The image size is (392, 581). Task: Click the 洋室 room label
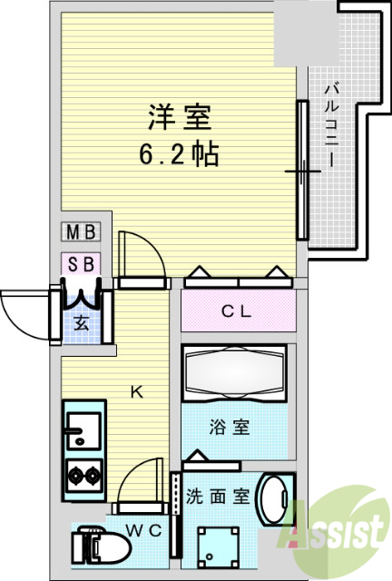(x=181, y=119)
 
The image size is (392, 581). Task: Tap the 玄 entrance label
(x=81, y=322)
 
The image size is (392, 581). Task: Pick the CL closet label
(x=238, y=311)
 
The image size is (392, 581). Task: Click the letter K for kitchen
(x=137, y=392)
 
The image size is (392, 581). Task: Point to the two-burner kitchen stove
(x=84, y=475)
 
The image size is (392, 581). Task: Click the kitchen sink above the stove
(x=83, y=428)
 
